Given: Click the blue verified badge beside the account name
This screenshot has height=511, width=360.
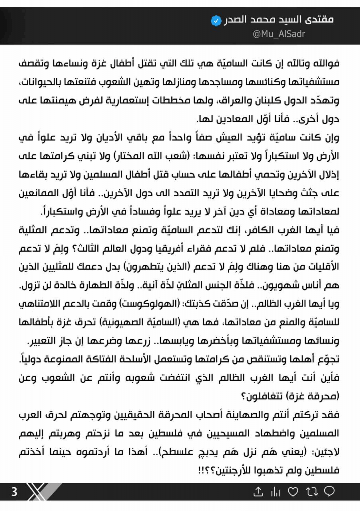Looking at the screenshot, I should [215, 21].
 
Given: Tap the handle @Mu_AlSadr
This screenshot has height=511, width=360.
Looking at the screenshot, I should [279, 34].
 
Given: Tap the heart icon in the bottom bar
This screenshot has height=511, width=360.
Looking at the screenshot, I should [293, 492].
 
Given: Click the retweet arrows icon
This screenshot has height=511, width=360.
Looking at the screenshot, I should [311, 492].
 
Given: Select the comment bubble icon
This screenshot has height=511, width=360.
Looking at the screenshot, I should [329, 492].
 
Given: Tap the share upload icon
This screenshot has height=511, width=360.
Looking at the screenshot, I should [258, 492].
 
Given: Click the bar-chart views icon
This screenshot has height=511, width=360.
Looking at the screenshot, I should [275, 492].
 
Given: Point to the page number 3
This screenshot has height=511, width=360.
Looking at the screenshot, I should [14, 492].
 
